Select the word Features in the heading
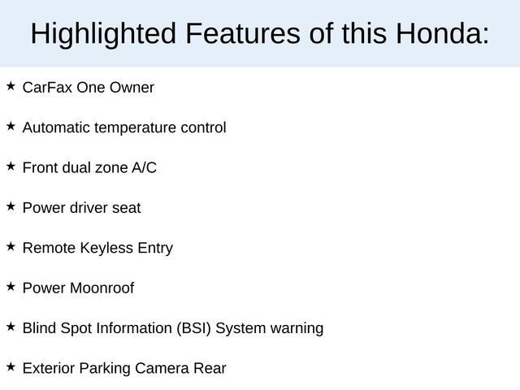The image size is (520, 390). click(243, 34)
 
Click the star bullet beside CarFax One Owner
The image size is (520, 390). click(11, 86)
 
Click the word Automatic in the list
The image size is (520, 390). click(56, 128)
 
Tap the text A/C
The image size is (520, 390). click(144, 167)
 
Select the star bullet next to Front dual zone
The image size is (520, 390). click(11, 167)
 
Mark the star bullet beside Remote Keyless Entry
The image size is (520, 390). click(11, 246)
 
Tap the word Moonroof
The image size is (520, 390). click(102, 288)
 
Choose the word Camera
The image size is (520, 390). click(162, 368)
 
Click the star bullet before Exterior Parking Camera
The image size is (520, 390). click(11, 366)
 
